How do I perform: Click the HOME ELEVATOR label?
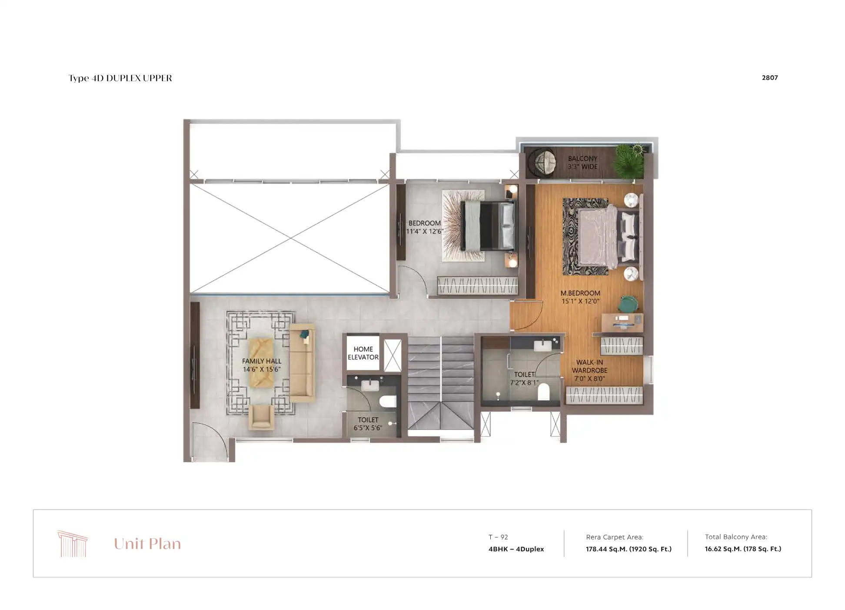363,353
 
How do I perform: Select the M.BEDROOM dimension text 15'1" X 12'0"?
580,301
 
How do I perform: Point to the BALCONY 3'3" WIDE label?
582,162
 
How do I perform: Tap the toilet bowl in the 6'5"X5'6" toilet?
387,401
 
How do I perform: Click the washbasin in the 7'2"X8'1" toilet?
542,345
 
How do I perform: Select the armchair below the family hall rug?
261,417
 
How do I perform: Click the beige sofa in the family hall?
302,362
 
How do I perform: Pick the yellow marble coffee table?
261,362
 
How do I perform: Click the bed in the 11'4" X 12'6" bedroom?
489,226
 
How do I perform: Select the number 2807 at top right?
770,78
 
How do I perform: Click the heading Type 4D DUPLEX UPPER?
120,78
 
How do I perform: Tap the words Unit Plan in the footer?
147,544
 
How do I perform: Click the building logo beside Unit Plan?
73,544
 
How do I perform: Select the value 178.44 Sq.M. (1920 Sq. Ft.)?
629,549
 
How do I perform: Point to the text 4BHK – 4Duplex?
516,549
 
